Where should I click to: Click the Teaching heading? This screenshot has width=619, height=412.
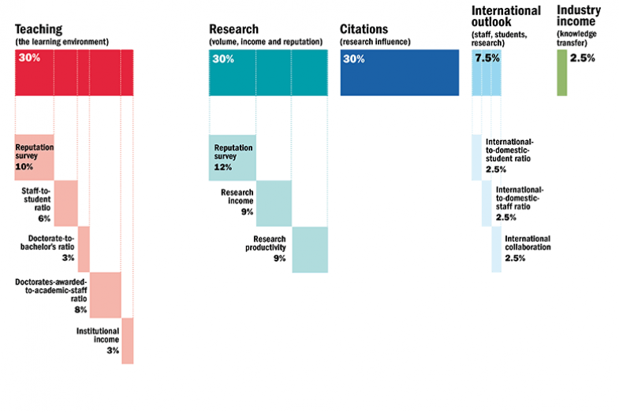39,29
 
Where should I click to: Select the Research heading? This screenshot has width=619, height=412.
233,29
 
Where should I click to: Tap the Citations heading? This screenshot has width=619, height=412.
364,29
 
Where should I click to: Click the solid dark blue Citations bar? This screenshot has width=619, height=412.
399,72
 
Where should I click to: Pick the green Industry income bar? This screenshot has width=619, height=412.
561,72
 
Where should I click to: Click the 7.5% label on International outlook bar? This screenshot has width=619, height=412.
487,58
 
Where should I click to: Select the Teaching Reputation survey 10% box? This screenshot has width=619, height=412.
34,157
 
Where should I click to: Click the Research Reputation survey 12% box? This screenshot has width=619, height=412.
233,157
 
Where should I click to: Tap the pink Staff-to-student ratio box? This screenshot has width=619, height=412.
65,203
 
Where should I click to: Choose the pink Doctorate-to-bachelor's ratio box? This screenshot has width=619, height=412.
84,249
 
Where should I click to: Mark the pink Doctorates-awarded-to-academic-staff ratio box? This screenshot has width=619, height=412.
105,295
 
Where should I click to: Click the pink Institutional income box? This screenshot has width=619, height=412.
127,340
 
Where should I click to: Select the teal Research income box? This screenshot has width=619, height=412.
274,203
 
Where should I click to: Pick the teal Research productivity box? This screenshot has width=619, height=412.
309,249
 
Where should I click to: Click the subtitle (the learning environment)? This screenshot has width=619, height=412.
62,41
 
